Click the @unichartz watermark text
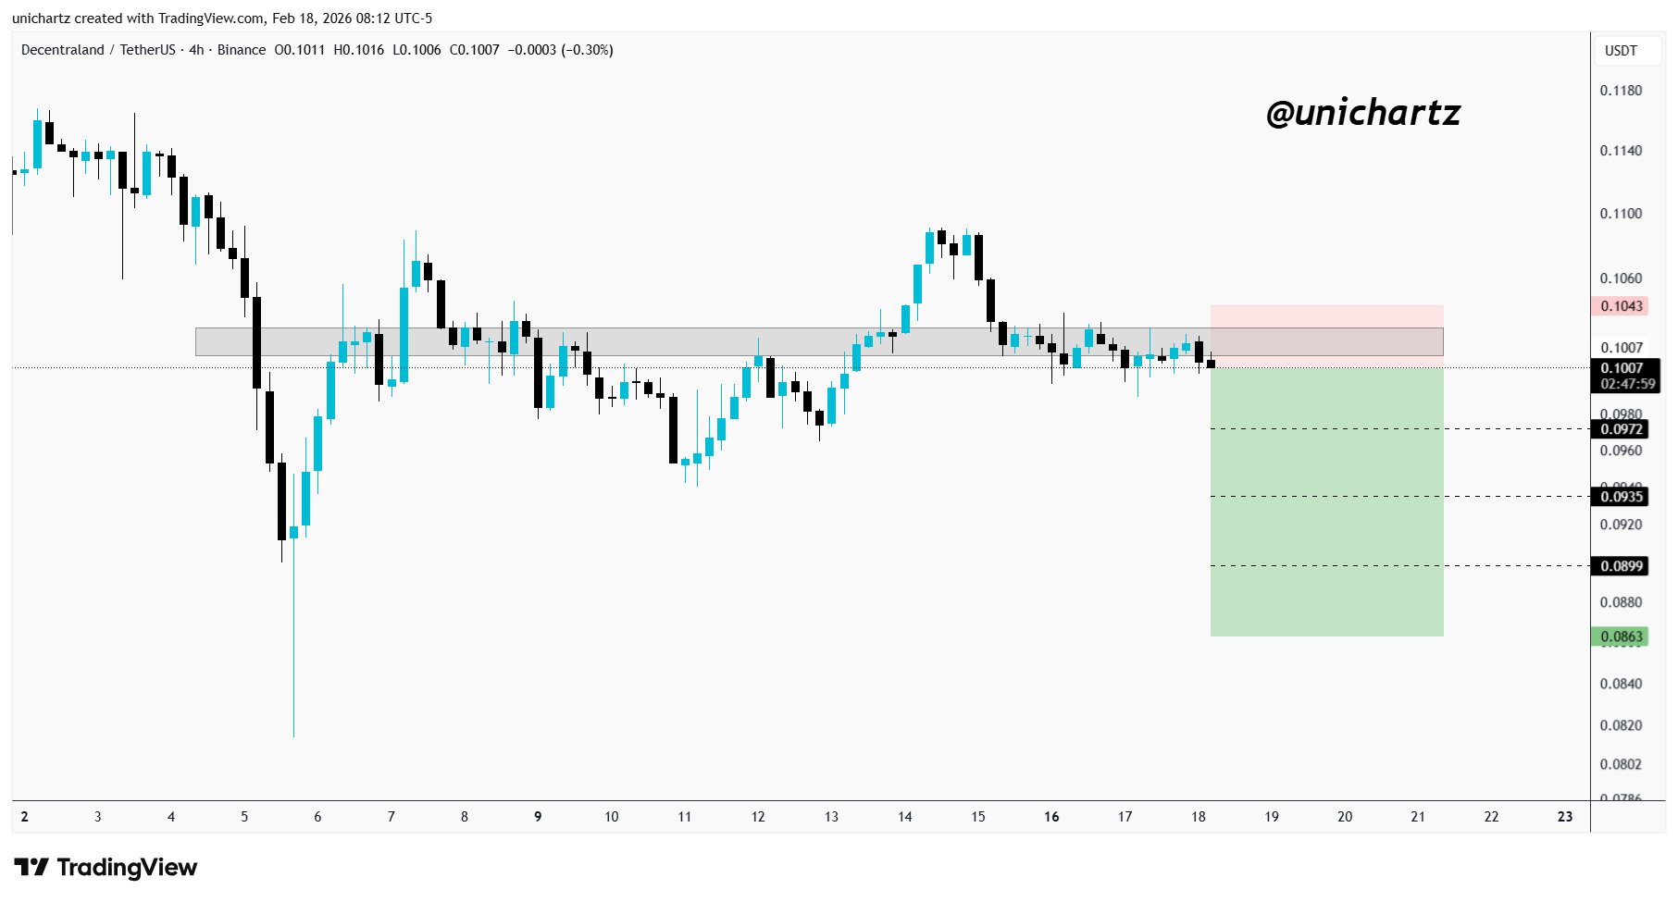click(x=1362, y=113)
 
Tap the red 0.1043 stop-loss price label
click(x=1621, y=306)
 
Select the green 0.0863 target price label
click(x=1621, y=636)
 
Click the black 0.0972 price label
click(x=1621, y=429)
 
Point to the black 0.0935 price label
click(x=1621, y=497)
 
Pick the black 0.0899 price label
click(x=1621, y=566)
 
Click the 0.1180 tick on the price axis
click(x=1621, y=91)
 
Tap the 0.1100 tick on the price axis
click(x=1621, y=214)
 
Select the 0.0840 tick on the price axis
click(x=1621, y=684)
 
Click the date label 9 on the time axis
click(x=538, y=817)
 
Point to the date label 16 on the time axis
click(x=1051, y=817)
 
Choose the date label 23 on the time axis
click(x=1565, y=817)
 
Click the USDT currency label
click(x=1621, y=51)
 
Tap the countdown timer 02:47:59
click(x=1627, y=384)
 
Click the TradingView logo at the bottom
click(x=106, y=868)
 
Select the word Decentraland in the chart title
click(x=63, y=50)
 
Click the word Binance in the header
click(x=242, y=50)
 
